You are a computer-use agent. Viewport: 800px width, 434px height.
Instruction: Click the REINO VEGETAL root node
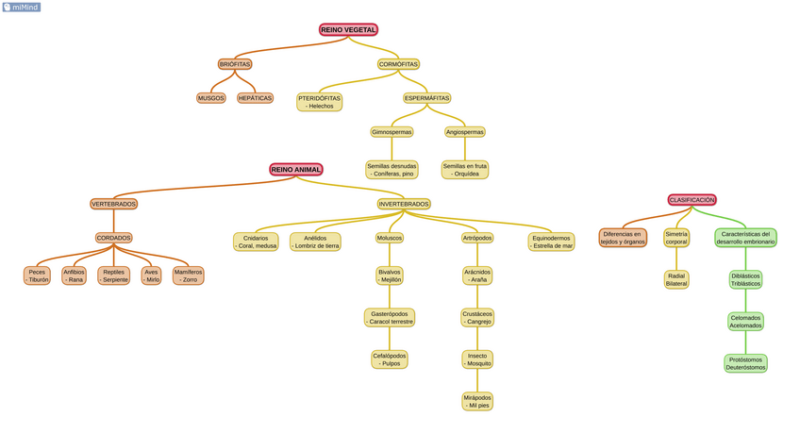(x=348, y=30)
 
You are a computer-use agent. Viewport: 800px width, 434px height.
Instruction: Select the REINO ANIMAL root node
(x=296, y=170)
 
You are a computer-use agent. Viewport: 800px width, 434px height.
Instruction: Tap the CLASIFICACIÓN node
(x=692, y=200)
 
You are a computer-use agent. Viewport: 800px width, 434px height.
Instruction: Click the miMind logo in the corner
(x=21, y=7)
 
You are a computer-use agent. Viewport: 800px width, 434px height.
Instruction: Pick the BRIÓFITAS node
(x=235, y=64)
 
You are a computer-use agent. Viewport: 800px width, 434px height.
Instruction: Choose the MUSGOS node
(x=211, y=98)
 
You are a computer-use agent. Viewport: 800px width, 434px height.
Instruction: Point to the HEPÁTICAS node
(x=255, y=98)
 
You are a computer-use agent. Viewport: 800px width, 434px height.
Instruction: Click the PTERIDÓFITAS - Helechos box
(x=320, y=102)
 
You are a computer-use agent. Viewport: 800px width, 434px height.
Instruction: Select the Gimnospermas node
(x=392, y=132)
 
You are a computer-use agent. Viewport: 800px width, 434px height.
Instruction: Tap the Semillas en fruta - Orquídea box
(x=465, y=170)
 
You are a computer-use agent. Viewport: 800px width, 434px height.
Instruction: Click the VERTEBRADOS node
(x=114, y=204)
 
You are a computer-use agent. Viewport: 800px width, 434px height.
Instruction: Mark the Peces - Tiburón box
(x=37, y=275)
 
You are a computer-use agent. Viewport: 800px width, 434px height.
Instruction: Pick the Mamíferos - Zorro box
(x=189, y=275)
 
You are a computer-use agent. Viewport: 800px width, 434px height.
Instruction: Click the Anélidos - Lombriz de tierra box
(x=315, y=242)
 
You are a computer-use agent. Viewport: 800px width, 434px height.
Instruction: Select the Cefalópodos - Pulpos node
(x=390, y=359)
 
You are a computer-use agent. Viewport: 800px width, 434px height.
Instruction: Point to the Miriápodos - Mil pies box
(x=477, y=401)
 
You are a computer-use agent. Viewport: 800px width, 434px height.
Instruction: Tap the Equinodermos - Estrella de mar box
(x=552, y=242)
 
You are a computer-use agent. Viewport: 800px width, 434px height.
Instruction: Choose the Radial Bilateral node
(x=676, y=279)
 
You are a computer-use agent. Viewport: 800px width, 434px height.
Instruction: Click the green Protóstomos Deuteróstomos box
(x=746, y=363)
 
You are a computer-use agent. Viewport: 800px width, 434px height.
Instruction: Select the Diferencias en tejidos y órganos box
(x=623, y=238)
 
